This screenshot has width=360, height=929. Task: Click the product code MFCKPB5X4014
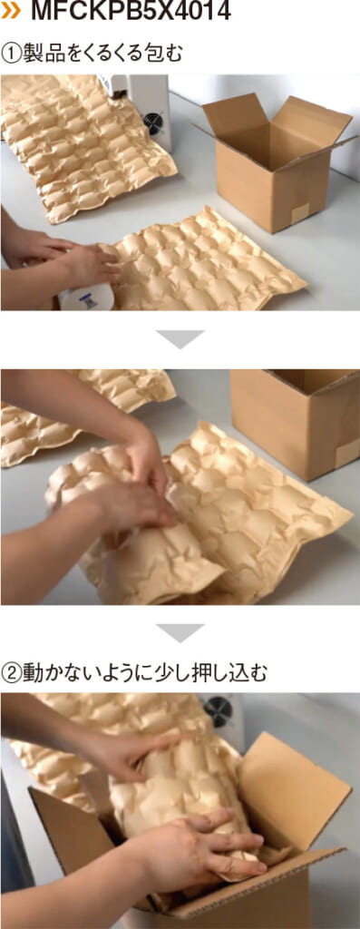tap(131, 11)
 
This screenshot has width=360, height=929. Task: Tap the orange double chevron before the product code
tap(11, 11)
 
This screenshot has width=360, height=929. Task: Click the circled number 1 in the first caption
tap(11, 54)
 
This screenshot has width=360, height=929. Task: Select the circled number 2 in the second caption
tap(11, 672)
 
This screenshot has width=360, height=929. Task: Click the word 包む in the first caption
tap(164, 54)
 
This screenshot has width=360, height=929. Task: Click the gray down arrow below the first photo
tap(180, 339)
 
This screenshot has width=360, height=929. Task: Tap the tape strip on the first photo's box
tap(299, 213)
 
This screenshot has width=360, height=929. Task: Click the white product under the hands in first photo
tap(86, 298)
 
